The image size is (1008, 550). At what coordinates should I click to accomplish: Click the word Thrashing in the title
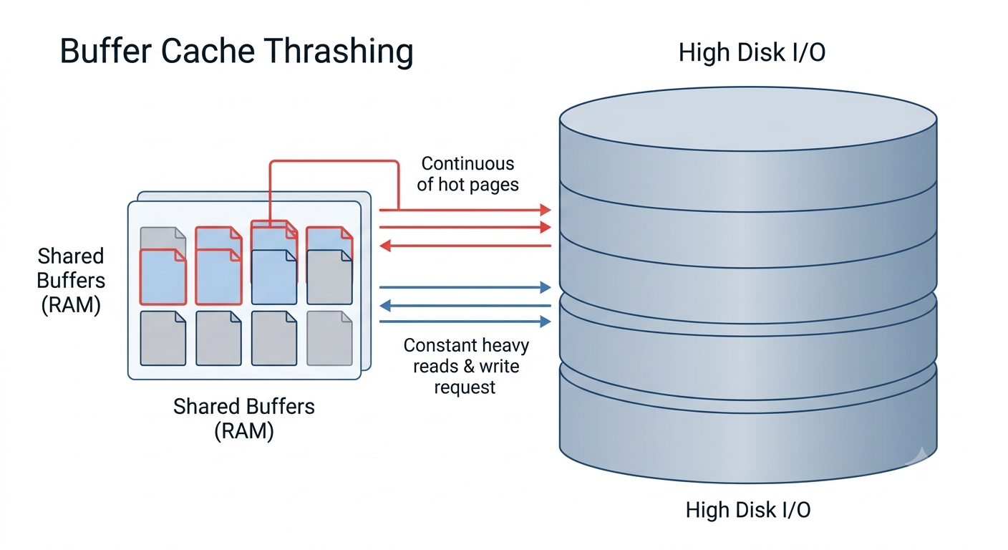click(x=338, y=52)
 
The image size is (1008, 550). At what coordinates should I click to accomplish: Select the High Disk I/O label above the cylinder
click(x=752, y=52)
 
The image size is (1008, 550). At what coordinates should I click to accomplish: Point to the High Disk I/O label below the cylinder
click(x=748, y=510)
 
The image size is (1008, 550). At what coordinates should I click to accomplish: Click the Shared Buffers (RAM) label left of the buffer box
click(x=71, y=281)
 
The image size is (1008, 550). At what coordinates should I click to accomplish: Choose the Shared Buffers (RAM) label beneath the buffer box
click(x=244, y=418)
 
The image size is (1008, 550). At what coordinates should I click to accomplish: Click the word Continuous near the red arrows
click(x=467, y=163)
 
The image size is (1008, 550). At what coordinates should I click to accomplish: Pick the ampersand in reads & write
click(x=468, y=367)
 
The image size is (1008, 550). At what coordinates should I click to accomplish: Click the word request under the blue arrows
click(x=465, y=387)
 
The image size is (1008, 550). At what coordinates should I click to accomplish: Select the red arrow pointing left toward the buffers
click(x=465, y=246)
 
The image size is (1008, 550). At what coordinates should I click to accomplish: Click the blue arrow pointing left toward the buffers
click(x=465, y=306)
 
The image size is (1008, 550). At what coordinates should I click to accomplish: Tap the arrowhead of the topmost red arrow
click(x=546, y=210)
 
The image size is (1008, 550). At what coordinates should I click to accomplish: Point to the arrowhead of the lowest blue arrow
click(x=546, y=322)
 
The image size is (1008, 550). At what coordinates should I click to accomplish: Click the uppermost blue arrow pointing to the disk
click(x=465, y=287)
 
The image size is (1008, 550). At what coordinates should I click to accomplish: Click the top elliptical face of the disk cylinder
click(x=748, y=119)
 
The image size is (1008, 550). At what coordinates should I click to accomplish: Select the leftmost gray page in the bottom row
click(x=163, y=339)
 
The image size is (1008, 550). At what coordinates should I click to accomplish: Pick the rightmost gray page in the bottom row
click(x=329, y=339)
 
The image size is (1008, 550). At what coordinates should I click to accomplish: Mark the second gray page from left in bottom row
click(x=218, y=339)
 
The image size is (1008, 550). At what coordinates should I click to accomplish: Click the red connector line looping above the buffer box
click(x=334, y=160)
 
